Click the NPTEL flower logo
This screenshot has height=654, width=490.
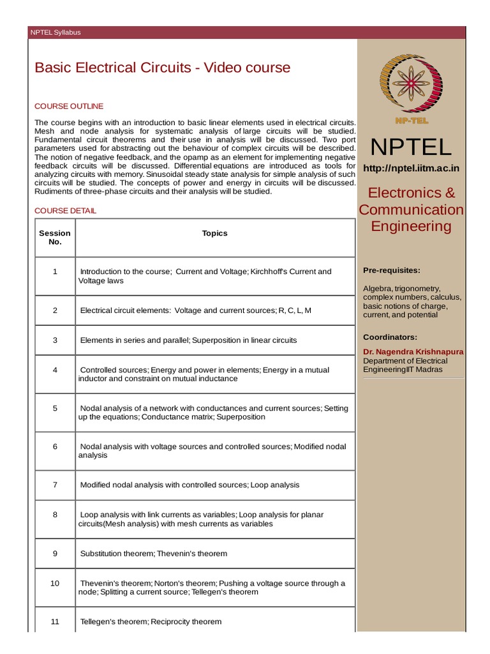coord(411,84)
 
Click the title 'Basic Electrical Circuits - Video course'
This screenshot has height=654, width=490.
coord(162,68)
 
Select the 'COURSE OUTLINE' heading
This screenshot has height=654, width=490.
coord(69,106)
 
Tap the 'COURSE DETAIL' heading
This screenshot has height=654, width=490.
coord(66,210)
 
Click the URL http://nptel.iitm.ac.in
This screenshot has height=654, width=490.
coord(411,168)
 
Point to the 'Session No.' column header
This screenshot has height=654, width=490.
coord(55,238)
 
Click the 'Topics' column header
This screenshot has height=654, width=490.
coord(214,233)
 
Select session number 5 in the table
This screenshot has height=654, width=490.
coord(55,408)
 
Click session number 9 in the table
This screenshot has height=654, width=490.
coord(55,553)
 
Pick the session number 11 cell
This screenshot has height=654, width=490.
coord(55,621)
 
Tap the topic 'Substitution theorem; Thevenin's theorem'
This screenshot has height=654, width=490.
coord(153,553)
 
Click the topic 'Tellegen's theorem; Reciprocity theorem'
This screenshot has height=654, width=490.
coord(151,621)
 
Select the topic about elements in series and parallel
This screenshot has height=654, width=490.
coord(188,340)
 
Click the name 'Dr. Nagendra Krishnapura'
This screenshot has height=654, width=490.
coord(413,352)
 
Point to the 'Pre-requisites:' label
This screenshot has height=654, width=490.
coord(392,270)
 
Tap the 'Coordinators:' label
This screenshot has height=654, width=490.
coord(390,337)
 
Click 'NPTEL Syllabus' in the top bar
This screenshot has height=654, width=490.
coord(56,33)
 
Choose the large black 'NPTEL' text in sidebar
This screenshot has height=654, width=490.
coord(411,147)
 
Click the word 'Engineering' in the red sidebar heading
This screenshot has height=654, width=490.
coord(411,226)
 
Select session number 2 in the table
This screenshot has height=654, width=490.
coord(55,310)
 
